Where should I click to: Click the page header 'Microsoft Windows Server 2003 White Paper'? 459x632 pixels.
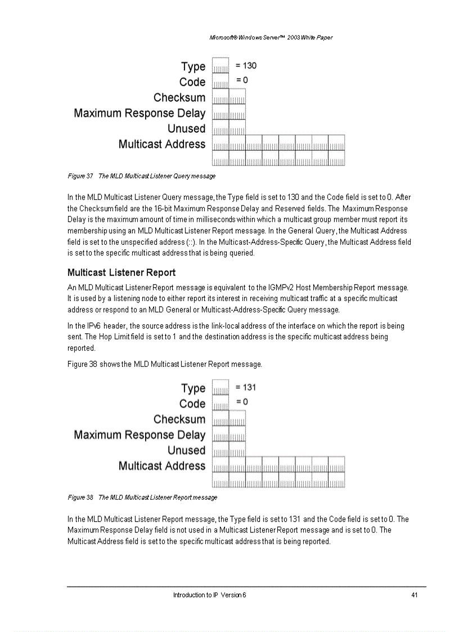pos(271,38)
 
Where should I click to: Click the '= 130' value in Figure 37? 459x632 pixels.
pos(246,66)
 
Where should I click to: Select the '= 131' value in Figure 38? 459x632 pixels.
pos(246,387)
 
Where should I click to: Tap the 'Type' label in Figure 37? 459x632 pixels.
pos(193,66)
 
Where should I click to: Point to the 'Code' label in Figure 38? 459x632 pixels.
pos(192,404)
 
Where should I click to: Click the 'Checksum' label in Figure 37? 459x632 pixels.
pos(179,97)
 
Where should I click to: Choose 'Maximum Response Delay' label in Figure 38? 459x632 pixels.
pos(139,435)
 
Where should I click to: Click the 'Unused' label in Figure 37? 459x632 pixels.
pos(186,128)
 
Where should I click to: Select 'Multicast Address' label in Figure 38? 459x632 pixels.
pos(162,466)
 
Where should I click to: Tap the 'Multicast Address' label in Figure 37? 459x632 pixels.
pos(162,144)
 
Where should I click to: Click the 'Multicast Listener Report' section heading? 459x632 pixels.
pos(121,272)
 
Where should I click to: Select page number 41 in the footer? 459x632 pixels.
pos(414,595)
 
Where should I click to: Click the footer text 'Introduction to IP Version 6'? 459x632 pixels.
pos(209,595)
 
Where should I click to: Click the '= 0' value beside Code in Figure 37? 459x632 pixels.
pos(242,80)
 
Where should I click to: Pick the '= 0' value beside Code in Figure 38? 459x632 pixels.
pos(242,402)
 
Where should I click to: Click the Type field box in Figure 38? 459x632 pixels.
pos(220,388)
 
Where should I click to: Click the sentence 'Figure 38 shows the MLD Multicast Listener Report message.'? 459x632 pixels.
pos(165,364)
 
